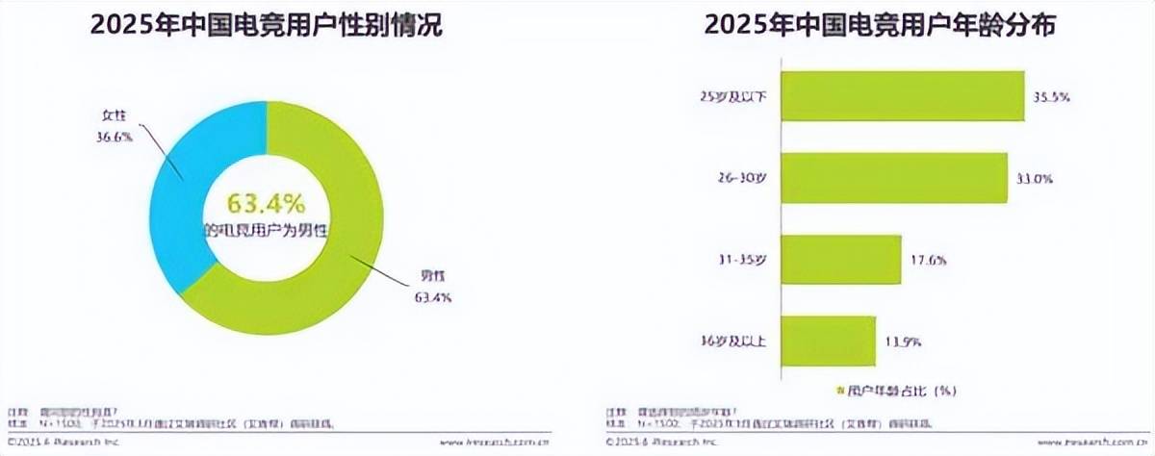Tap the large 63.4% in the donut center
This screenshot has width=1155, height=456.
265,204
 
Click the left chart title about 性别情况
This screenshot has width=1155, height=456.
266,26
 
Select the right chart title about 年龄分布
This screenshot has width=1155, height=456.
880,26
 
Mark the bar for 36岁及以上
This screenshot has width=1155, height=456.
829,341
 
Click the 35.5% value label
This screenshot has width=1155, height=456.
1052,97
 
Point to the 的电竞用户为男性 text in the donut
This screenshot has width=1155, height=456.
265,232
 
